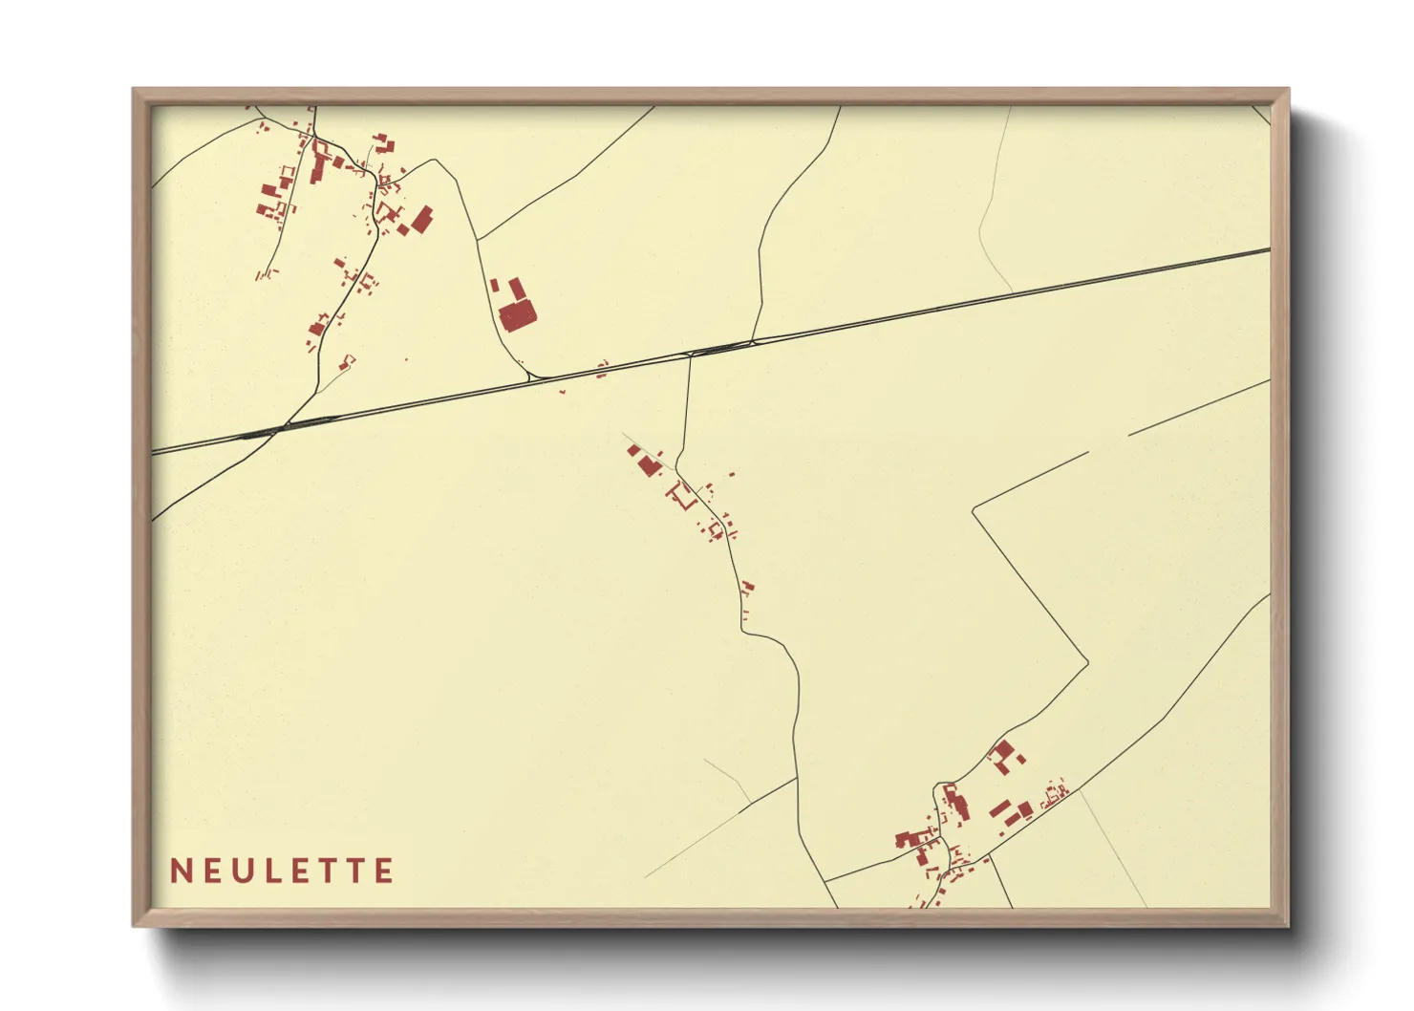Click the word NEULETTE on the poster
coord(282,871)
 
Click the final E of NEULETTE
coord(384,871)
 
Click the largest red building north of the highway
coord(517,315)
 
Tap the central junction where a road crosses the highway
coord(690,355)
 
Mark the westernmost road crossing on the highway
coord(277,429)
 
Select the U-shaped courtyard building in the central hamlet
coord(682,495)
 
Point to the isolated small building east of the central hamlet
coord(733,474)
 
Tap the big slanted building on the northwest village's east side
coord(421,219)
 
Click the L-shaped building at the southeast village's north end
coord(1002,755)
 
